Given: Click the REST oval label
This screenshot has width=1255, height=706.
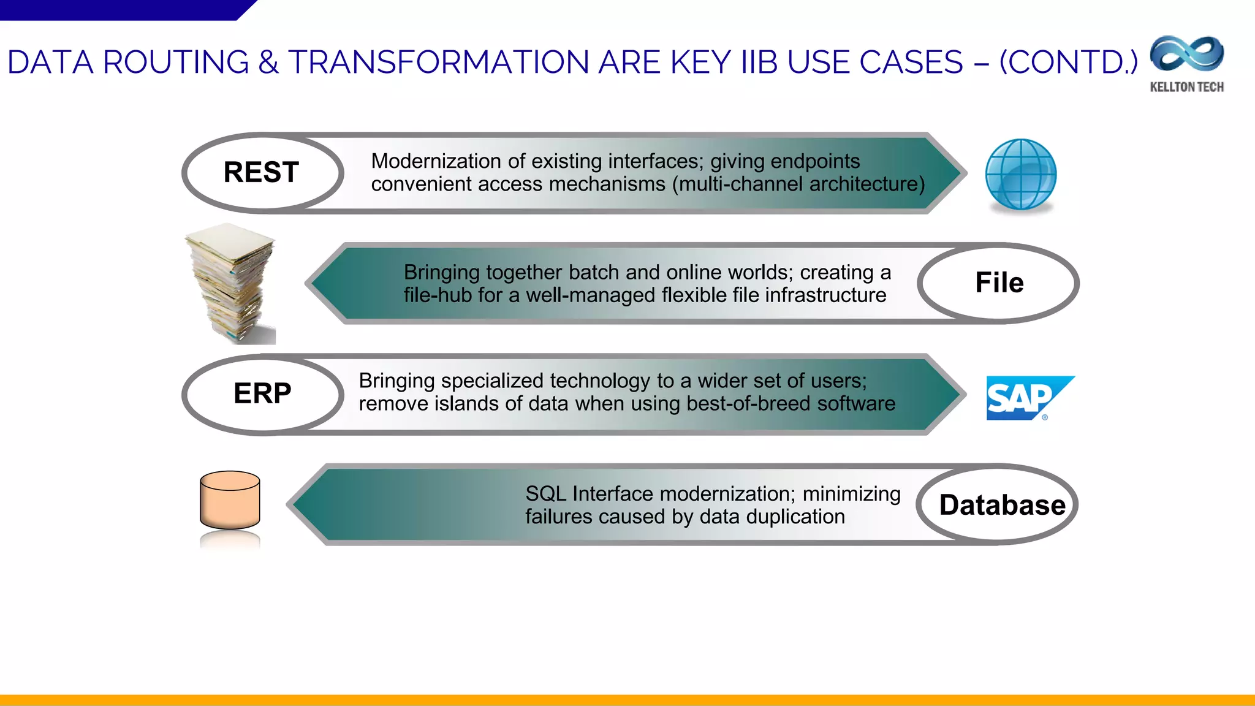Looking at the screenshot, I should point(262,172).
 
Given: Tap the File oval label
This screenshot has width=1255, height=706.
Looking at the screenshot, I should point(999,283).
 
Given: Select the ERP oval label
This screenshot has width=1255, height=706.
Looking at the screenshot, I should point(262,393).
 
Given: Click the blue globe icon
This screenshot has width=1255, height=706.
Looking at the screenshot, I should point(1021,174).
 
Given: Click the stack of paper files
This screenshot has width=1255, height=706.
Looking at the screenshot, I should point(232,283).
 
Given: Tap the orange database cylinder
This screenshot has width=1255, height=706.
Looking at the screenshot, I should point(230,499).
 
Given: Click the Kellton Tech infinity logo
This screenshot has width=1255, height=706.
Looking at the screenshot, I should point(1187,55).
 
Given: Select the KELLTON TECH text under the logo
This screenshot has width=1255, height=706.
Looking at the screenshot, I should point(1187,87).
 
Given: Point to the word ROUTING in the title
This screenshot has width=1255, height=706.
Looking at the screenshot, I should point(176,63).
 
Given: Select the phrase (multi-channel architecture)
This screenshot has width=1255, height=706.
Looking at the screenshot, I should point(798,184).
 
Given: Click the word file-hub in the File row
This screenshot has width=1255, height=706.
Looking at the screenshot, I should point(438,295).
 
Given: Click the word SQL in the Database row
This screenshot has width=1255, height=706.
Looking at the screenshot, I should point(545,494).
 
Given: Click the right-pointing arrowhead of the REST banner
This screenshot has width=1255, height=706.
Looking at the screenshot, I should point(947,173).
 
